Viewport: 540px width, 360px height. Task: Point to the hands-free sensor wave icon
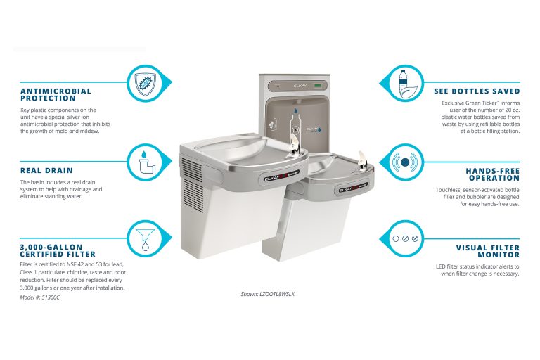click(x=403, y=162)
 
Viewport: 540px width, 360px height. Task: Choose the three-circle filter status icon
click(x=404, y=238)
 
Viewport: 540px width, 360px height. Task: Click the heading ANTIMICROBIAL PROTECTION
click(x=56, y=95)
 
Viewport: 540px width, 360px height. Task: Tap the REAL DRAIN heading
click(x=47, y=170)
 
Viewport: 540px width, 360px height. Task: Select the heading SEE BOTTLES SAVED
click(x=477, y=91)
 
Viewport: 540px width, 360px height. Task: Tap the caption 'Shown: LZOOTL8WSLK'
click(x=267, y=293)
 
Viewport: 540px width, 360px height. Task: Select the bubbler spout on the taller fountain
click(x=296, y=145)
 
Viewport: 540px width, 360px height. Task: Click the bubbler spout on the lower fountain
click(x=363, y=157)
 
